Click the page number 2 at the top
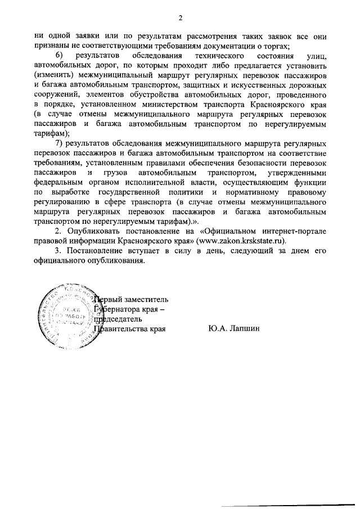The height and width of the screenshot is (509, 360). click(181, 15)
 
